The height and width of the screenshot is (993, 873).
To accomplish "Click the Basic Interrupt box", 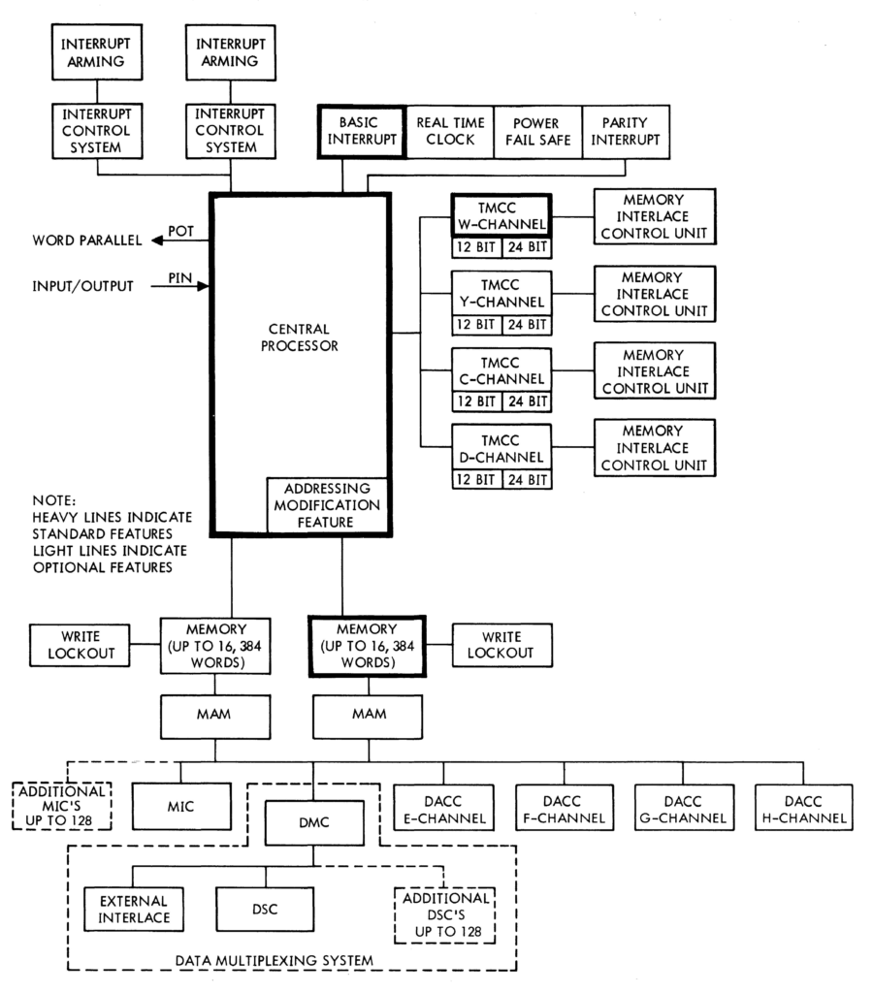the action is [x=362, y=132].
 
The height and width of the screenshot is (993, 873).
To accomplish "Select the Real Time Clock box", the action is [x=450, y=132].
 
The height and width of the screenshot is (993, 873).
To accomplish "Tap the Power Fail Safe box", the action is [x=537, y=132].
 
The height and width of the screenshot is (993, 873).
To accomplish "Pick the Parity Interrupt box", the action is [x=626, y=132].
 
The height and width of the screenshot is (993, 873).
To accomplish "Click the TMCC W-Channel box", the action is [x=501, y=216].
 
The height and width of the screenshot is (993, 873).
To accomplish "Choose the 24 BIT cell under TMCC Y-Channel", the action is [x=527, y=325].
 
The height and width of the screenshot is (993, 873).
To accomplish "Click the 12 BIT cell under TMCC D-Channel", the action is [x=476, y=479].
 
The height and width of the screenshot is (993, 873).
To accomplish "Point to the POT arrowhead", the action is [x=156, y=240].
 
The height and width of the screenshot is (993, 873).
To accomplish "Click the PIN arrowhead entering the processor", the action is [x=203, y=286].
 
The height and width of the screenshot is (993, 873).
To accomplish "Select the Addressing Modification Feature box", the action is [x=327, y=505].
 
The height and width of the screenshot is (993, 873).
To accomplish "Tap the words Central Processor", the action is [x=300, y=337].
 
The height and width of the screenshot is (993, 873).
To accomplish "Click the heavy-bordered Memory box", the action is [x=368, y=646].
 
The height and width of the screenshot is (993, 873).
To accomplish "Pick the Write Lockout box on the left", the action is [x=80, y=645].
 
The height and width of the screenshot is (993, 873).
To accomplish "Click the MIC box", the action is [x=181, y=806].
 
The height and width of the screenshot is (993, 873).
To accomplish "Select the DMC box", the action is [x=314, y=822].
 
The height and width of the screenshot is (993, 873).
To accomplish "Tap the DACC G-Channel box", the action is [x=684, y=808].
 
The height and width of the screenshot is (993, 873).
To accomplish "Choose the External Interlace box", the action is [x=134, y=909].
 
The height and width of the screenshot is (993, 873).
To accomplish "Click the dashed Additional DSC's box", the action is [x=444, y=915].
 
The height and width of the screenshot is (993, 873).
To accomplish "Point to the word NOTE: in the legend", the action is [x=54, y=500].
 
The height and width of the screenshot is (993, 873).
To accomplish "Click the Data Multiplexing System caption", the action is [x=275, y=961].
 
